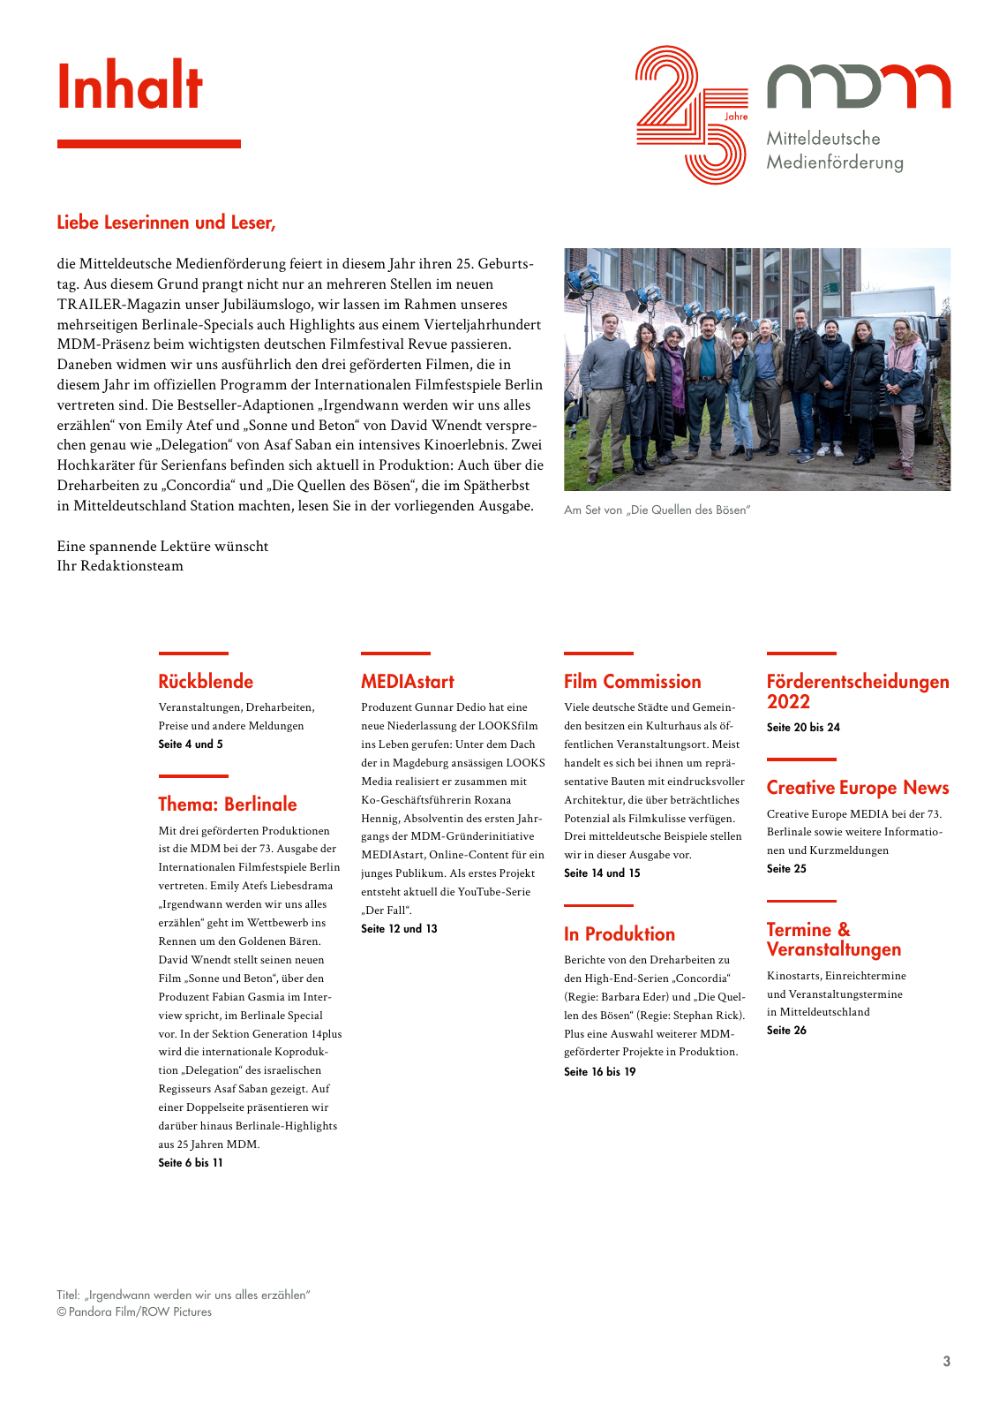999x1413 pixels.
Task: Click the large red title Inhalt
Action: (130, 87)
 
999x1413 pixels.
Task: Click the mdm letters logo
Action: (858, 87)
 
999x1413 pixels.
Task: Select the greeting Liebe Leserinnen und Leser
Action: (166, 223)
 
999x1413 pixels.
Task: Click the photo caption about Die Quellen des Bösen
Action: (657, 510)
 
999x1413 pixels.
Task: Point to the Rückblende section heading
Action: (206, 682)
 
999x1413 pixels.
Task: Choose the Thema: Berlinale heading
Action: (228, 805)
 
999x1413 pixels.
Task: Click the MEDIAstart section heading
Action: (408, 682)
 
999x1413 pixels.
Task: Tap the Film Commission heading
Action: (632, 682)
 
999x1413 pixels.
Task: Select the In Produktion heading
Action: (620, 934)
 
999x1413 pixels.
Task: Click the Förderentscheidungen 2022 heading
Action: (857, 691)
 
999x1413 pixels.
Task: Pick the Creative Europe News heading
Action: (857, 788)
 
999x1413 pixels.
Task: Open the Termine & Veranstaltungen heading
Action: (833, 940)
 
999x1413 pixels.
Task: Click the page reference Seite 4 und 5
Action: (191, 744)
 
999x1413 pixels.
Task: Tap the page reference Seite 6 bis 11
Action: (191, 1163)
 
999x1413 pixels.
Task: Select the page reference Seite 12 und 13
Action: (399, 929)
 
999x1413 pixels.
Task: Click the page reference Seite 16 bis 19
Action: (599, 1072)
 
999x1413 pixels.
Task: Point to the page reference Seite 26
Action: (786, 1031)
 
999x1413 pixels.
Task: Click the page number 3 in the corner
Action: (946, 1362)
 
